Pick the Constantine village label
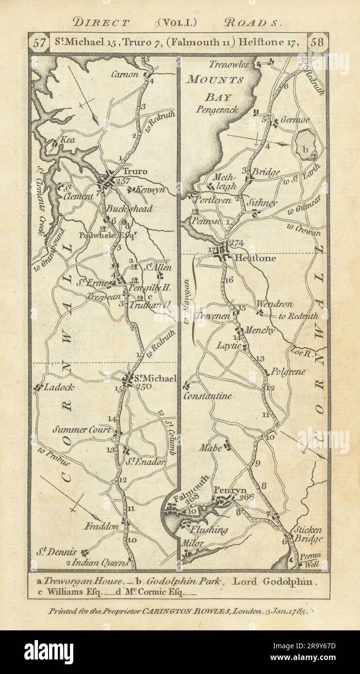coord(208,396)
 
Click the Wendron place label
coord(274,305)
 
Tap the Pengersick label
coord(217,110)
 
